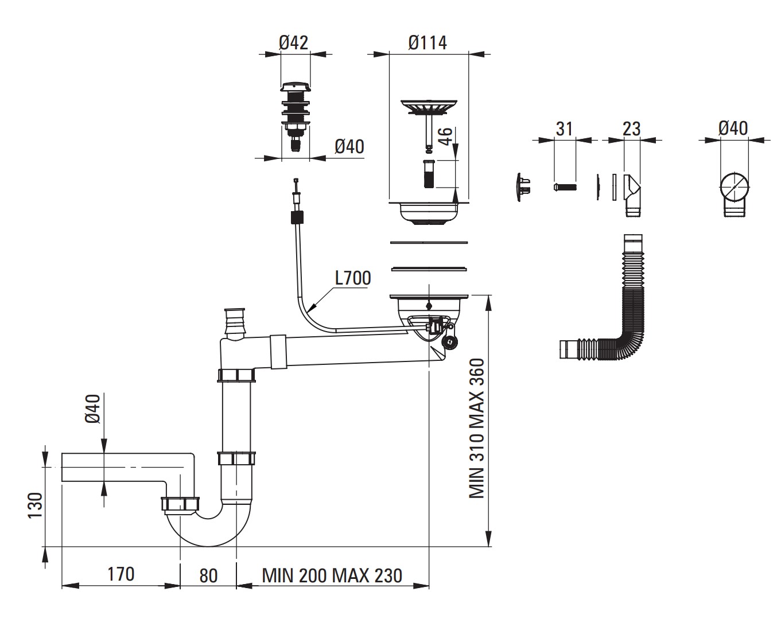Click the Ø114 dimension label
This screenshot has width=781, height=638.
[x=428, y=42]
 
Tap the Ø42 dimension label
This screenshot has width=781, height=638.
[x=293, y=42]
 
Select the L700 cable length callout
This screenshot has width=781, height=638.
[x=352, y=278]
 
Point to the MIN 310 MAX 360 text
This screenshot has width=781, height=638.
[x=477, y=429]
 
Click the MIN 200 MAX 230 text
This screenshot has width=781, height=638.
[x=332, y=576]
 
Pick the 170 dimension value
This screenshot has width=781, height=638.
[x=121, y=574]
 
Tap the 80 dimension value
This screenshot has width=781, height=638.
[x=208, y=576]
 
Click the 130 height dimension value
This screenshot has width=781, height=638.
[x=36, y=505]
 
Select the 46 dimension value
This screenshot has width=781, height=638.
[x=445, y=137]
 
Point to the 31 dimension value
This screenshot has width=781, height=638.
[x=564, y=129]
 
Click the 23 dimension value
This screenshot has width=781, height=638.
[x=631, y=129]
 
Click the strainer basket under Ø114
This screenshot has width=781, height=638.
[x=429, y=108]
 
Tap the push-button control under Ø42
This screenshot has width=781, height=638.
[x=295, y=116]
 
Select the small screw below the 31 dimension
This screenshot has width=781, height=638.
[x=565, y=187]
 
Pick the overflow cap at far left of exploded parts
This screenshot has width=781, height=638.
[x=523, y=186]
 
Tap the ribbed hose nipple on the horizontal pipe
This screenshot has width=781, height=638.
[x=234, y=322]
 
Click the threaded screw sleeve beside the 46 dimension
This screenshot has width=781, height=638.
[x=429, y=174]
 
